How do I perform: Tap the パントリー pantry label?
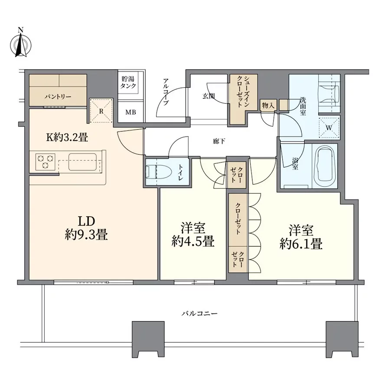(x=58, y=97)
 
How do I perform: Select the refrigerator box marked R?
(x=101, y=111)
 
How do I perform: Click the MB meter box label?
(x=130, y=112)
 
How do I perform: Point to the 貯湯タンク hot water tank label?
(x=128, y=82)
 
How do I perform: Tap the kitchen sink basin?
(x=82, y=162)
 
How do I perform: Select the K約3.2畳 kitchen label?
(x=67, y=137)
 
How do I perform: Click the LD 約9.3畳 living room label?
(x=86, y=228)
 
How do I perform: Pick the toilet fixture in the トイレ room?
(x=159, y=172)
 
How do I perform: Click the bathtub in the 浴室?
(x=325, y=166)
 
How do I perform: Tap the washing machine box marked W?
(x=329, y=128)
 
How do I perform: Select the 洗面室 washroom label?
(x=303, y=106)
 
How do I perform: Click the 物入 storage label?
(x=268, y=105)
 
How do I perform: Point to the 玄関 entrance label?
(x=209, y=96)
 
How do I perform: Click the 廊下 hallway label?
(x=219, y=141)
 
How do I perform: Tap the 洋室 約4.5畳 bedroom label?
(x=193, y=235)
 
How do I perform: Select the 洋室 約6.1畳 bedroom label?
(x=301, y=237)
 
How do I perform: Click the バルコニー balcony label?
(x=199, y=313)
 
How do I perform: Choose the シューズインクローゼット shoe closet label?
(x=243, y=92)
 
